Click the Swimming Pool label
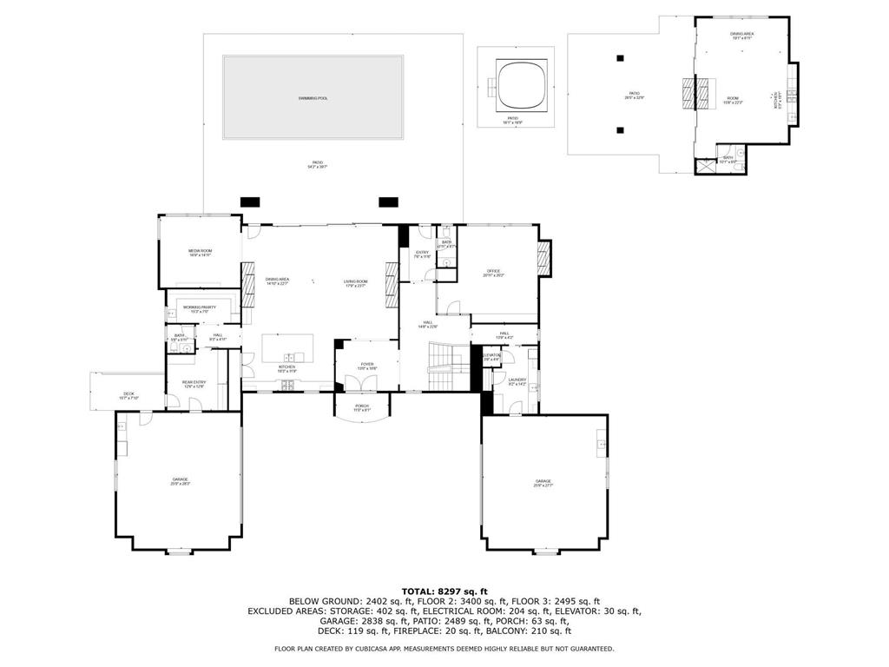[313, 98]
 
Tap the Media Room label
[200, 253]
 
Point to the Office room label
[493, 274]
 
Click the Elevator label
[491, 356]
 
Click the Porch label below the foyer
[362, 406]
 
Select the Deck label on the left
[128, 396]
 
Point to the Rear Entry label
[194, 383]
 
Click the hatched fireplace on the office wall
[544, 259]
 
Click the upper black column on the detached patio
[620, 58]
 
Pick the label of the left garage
[180, 480]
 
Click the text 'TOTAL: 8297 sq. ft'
[444, 591]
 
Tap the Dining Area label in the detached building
[741, 35]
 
